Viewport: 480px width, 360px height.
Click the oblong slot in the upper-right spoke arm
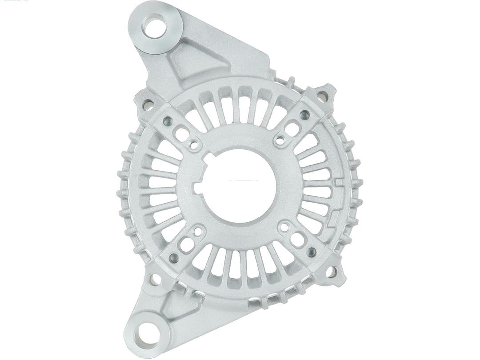[291, 130]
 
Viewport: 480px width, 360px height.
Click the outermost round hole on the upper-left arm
[168, 120]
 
